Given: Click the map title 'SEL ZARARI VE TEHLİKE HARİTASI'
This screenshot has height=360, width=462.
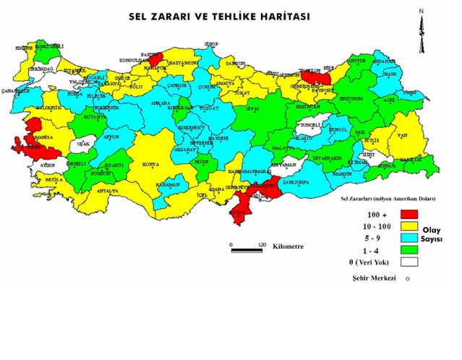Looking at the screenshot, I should coord(219,16).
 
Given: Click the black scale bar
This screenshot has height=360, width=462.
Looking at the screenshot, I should coord(246,250).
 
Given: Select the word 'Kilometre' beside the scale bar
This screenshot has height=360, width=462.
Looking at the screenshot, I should coord(288,247).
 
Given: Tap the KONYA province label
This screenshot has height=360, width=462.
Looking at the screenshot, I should coord(150,164).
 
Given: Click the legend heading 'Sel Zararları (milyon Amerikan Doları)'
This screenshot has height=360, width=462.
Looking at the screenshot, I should coord(388,197).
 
